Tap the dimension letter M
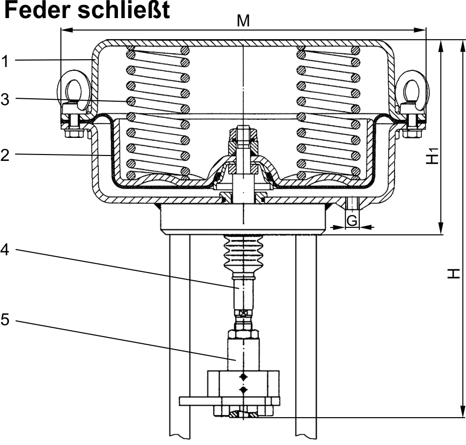coord(243,21)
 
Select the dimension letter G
coord(351,221)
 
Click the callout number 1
coord(5,62)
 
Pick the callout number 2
coord(5,155)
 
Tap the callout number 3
coord(5,99)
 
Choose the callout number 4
coord(5,249)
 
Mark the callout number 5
coord(5,320)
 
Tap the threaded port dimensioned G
coord(351,203)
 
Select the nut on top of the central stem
coord(243,133)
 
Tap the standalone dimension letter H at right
coord(456,274)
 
